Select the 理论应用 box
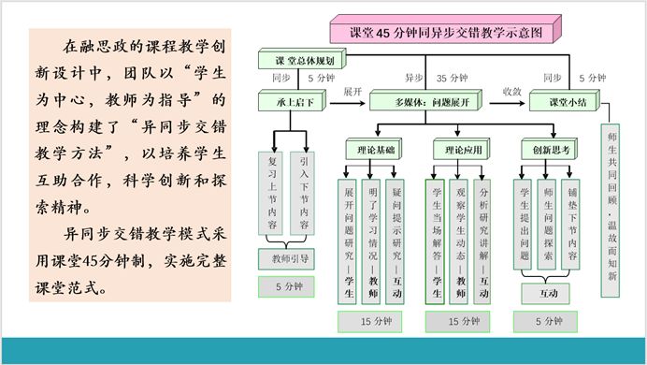[459, 149]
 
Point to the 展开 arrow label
[352, 92]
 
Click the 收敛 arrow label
[511, 92]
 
